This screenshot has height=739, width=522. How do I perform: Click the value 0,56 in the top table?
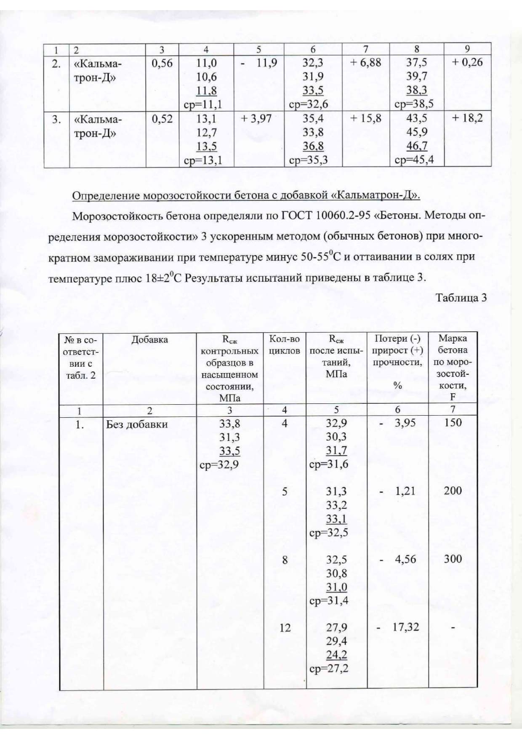pyautogui.click(x=162, y=63)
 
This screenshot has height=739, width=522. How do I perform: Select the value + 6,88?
pyautogui.click(x=365, y=63)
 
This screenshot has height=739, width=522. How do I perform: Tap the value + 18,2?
pyautogui.click(x=467, y=118)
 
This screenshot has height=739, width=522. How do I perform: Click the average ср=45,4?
pyautogui.click(x=414, y=160)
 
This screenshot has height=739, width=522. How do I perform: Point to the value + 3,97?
pyautogui.click(x=256, y=119)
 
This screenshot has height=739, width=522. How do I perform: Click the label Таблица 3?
pyautogui.click(x=461, y=298)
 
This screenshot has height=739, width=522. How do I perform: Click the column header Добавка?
pyautogui.click(x=149, y=340)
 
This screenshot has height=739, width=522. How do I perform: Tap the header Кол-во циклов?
pyautogui.click(x=285, y=344)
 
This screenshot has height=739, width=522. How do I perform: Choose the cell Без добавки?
pyautogui.click(x=137, y=424)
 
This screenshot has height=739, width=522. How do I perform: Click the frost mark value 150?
pyautogui.click(x=453, y=423)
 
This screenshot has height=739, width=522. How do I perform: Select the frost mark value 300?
pyautogui.click(x=453, y=559)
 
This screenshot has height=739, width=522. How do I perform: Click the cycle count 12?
pyautogui.click(x=285, y=628)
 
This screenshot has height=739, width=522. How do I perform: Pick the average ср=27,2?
pyautogui.click(x=329, y=669)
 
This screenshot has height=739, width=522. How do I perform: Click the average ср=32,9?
pyautogui.click(x=219, y=465)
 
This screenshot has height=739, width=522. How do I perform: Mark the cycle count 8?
pyautogui.click(x=285, y=560)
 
